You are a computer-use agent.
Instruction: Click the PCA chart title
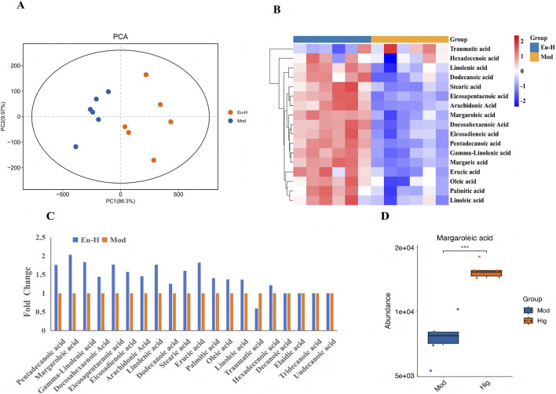coord(120,36)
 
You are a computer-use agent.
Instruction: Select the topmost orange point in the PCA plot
coord(146,75)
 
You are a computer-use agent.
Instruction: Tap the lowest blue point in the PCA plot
coord(75,147)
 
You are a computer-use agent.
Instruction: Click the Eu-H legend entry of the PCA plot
coord(238,112)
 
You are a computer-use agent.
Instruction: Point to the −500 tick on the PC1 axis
coord(62,195)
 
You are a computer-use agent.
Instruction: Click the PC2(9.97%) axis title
coord(4,117)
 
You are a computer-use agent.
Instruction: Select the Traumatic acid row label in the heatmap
coord(470,49)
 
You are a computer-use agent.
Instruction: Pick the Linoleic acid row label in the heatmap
coord(466,200)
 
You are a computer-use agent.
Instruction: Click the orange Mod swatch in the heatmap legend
coord(534,57)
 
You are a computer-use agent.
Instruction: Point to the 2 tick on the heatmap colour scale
coord(521,41)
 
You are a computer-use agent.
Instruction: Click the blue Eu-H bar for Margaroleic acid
coord(70,293)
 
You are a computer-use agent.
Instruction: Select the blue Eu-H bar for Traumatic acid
coord(256,319)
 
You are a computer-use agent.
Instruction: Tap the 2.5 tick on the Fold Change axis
coord(41,237)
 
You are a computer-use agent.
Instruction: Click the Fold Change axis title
coord(27,292)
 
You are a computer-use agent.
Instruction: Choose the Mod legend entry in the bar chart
coord(114,240)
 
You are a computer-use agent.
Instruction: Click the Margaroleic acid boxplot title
coord(465,238)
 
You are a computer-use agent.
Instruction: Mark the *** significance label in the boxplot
coord(465,248)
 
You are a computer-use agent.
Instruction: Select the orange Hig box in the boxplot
coord(486,273)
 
